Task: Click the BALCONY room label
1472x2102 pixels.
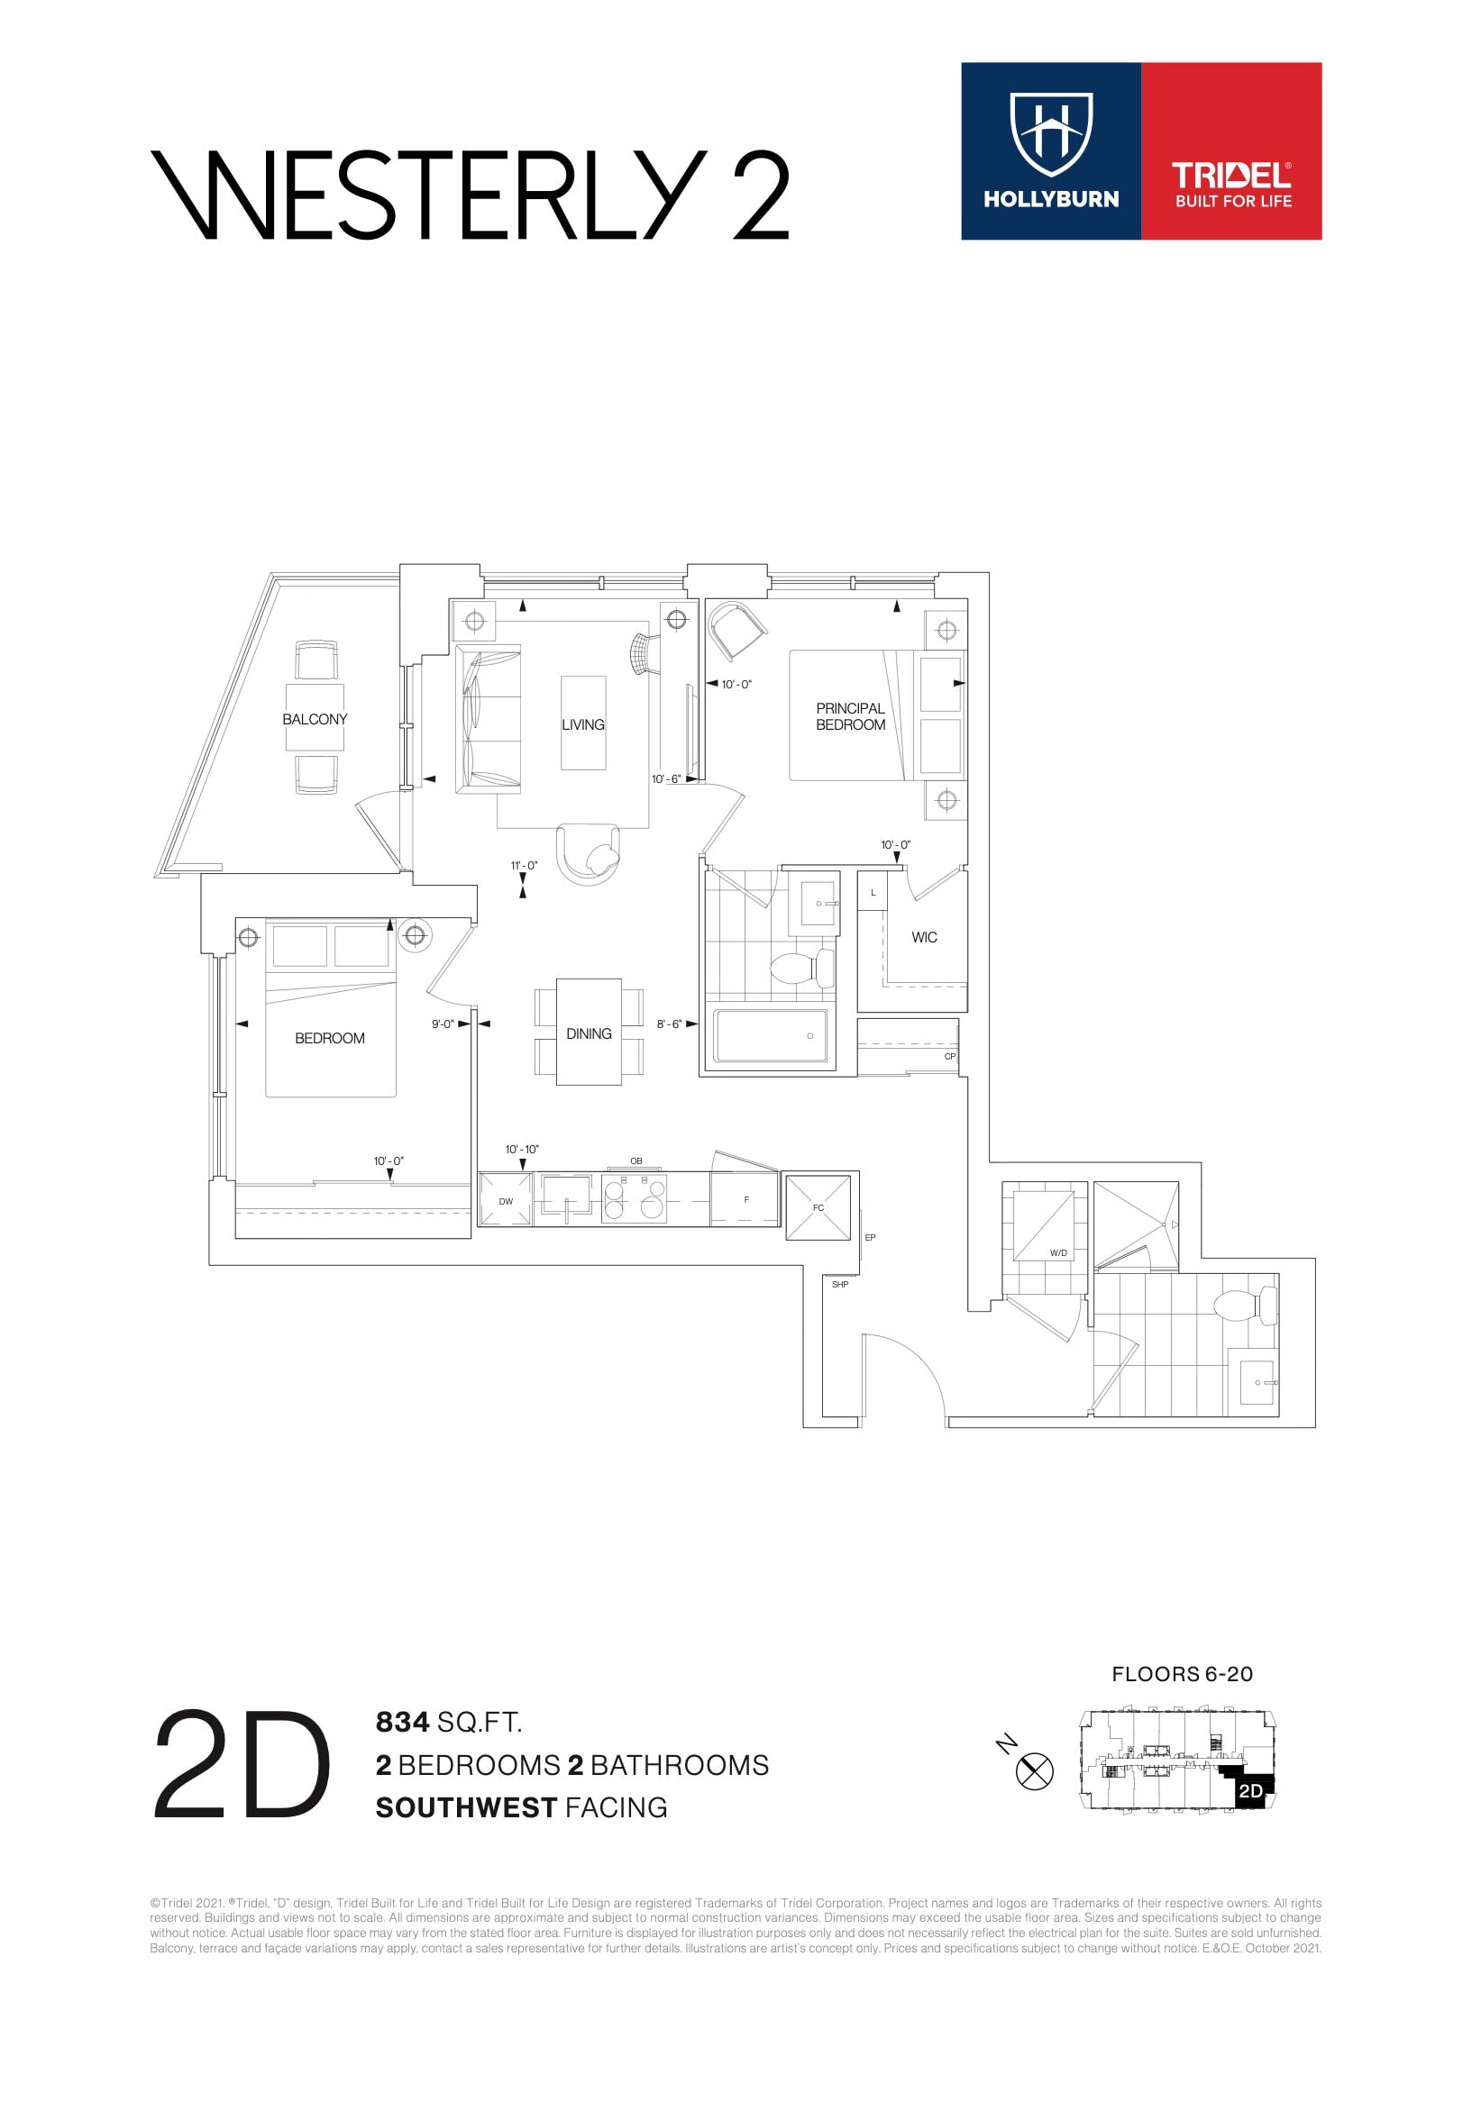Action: (x=315, y=720)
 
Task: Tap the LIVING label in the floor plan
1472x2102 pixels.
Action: (x=582, y=725)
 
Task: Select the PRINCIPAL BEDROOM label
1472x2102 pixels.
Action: (x=850, y=717)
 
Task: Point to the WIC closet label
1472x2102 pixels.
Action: (x=923, y=938)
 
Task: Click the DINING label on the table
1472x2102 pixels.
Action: (x=588, y=1033)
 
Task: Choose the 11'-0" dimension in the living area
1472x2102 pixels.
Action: (x=524, y=865)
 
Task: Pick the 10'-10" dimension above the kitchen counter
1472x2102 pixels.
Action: (x=522, y=1149)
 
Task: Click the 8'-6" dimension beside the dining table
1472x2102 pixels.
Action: (x=669, y=1024)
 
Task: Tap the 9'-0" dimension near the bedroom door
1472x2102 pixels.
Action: (x=443, y=1024)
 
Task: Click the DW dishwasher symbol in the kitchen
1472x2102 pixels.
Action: (x=506, y=1200)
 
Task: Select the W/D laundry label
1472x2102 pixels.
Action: (x=1058, y=1252)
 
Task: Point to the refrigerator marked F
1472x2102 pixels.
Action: (x=745, y=1199)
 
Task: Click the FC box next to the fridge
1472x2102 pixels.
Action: (x=818, y=1207)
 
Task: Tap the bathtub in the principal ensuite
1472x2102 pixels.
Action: (x=771, y=1036)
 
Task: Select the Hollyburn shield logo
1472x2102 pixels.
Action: (x=1051, y=133)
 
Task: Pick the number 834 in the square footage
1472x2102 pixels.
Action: (x=402, y=1722)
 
